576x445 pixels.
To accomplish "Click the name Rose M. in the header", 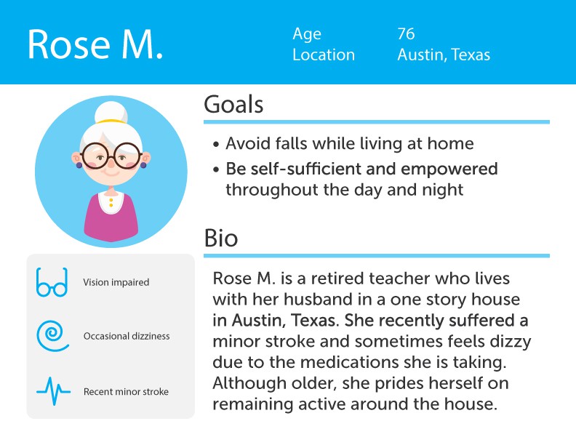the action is [95, 44].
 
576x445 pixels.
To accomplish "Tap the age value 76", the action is [406, 33].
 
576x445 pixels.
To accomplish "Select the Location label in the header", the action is [324, 55].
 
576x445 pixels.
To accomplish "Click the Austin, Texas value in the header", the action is [444, 55].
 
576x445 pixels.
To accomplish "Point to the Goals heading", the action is [233, 104].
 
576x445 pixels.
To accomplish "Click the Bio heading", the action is [221, 238].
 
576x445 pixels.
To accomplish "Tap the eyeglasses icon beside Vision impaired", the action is [52, 282].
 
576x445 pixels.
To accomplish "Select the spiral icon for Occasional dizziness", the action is [52, 336].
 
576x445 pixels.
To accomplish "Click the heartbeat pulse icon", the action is [53, 391].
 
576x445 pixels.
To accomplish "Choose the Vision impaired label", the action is [116, 282].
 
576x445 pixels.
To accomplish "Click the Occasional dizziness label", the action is [127, 336].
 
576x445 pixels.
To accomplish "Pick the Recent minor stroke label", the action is [126, 392].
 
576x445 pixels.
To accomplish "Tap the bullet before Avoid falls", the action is [216, 144].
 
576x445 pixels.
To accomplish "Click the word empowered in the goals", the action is [449, 169].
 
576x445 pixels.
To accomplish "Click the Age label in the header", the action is [307, 34].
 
